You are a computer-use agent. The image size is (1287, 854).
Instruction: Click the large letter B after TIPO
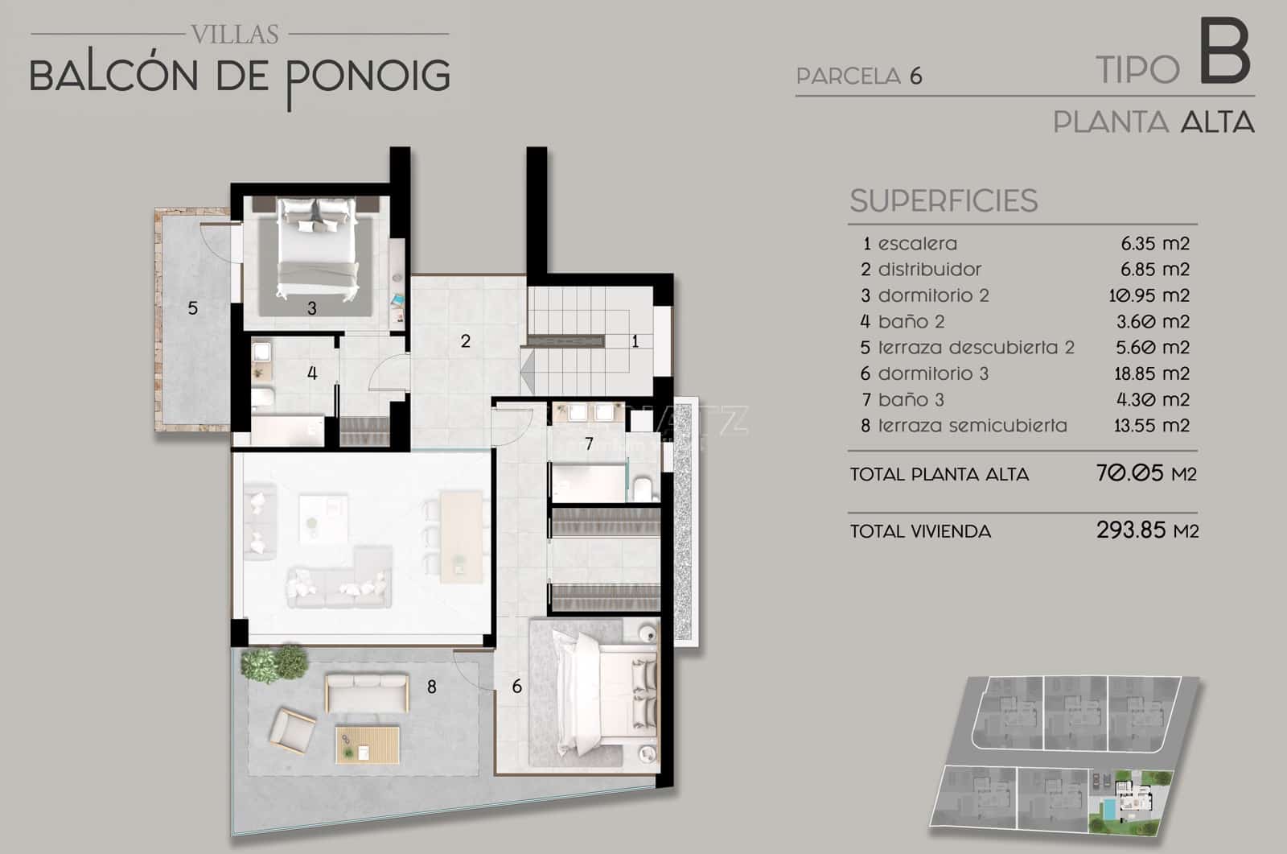1226,53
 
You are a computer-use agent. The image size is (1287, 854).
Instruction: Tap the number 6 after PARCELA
915,76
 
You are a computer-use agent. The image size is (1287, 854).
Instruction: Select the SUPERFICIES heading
944,200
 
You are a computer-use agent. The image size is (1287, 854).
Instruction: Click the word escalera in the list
917,243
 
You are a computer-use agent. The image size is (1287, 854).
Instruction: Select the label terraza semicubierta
972,426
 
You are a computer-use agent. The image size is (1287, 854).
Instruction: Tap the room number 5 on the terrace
193,308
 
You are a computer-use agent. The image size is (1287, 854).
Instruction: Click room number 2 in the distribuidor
465,341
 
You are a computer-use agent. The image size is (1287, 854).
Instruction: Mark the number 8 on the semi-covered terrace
432,687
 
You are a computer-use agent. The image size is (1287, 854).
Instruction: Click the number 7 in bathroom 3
589,444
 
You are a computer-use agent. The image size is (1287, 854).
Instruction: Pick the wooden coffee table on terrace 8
368,744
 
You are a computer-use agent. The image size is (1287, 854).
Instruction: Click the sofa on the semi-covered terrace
366,692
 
